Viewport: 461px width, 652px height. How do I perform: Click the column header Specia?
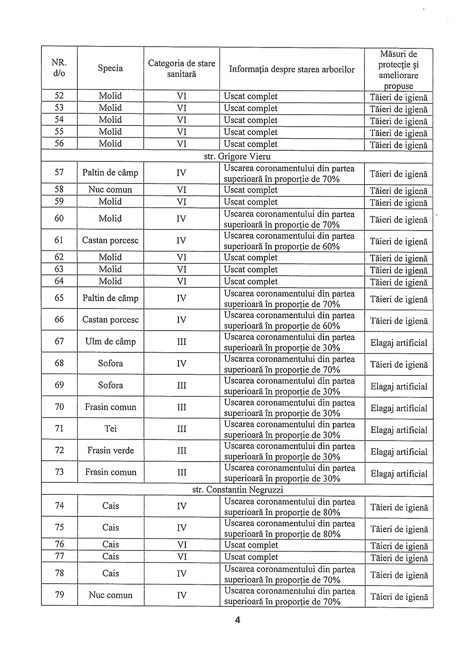[x=110, y=68]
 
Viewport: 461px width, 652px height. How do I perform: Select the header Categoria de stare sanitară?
[x=182, y=68]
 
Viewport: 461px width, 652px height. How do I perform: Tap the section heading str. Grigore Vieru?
[x=237, y=156]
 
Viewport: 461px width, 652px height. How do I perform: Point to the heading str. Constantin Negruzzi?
[x=237, y=490]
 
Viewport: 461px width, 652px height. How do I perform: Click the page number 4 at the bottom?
[x=237, y=620]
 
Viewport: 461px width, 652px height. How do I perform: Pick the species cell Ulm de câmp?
[x=110, y=342]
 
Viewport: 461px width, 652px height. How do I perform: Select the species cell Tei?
[x=110, y=429]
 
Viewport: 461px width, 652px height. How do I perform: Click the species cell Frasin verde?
[x=110, y=450]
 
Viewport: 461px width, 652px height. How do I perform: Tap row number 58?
[x=59, y=190]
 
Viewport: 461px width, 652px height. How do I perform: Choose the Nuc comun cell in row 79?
[x=110, y=595]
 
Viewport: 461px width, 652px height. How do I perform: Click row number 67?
[x=59, y=342]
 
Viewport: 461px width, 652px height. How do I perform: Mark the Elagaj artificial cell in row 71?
[x=399, y=430]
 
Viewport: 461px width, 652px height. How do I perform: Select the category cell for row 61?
[x=182, y=241]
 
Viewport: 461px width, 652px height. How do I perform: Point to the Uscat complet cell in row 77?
[x=251, y=557]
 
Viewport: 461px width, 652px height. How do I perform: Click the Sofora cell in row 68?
[x=110, y=363]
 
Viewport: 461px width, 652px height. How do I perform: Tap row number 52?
[x=59, y=96]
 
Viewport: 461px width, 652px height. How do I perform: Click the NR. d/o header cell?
[x=59, y=68]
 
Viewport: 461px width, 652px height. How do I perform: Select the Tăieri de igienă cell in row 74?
[x=399, y=508]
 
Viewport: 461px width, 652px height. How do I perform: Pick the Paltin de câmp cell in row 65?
[x=110, y=298]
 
